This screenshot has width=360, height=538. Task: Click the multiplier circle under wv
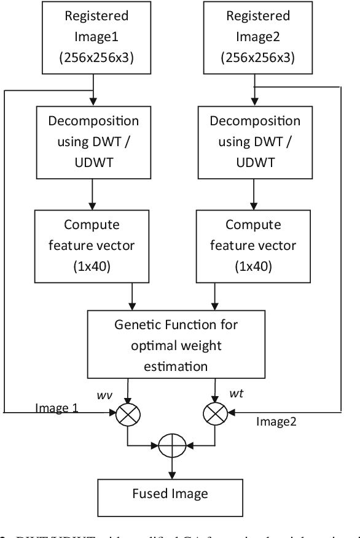[127, 416]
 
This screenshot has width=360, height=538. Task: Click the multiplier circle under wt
[214, 416]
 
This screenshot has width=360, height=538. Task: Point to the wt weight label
[235, 394]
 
